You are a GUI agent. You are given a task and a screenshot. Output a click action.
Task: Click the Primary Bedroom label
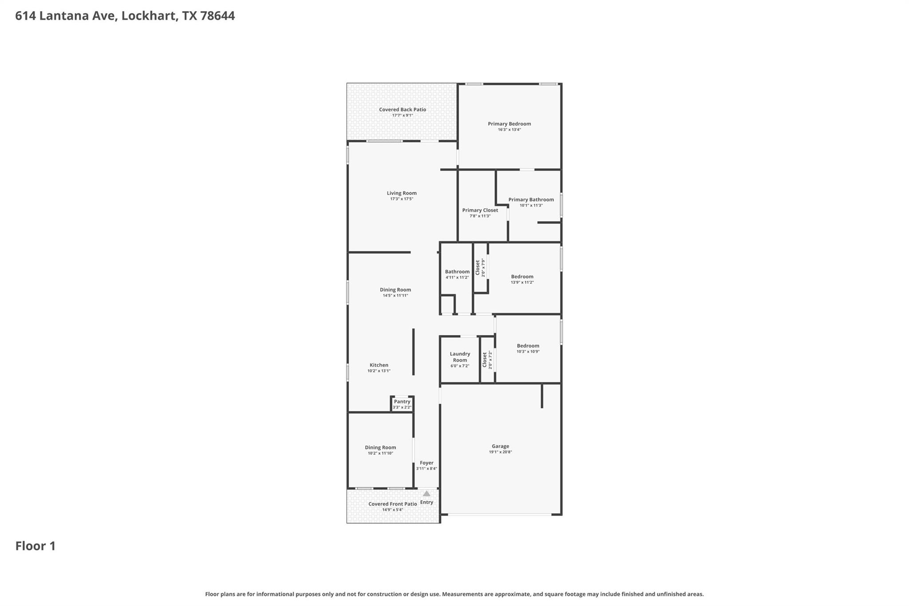click(x=509, y=124)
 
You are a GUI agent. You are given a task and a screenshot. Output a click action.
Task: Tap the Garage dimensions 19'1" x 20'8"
click(x=500, y=452)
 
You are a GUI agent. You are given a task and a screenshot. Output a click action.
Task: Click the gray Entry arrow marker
click(x=427, y=494)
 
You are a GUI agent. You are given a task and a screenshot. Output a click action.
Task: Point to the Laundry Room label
click(x=460, y=357)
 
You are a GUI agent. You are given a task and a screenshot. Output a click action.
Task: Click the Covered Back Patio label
click(x=402, y=110)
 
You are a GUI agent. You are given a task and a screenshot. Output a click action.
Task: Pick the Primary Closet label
click(x=480, y=210)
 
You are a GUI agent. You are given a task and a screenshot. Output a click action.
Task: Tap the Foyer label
click(x=427, y=463)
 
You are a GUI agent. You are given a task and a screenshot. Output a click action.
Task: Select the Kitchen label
click(x=379, y=365)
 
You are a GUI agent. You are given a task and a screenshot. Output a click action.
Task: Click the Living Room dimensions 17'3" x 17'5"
click(x=402, y=199)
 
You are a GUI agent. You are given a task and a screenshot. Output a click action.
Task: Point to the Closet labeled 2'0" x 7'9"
click(x=480, y=268)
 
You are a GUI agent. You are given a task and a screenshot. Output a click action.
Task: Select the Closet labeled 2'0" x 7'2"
click(x=487, y=360)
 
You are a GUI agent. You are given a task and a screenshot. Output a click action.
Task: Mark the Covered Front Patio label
click(x=392, y=504)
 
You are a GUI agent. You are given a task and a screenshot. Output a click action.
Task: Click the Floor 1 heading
click(x=36, y=546)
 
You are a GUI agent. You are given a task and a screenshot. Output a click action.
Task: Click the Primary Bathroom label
click(x=531, y=200)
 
